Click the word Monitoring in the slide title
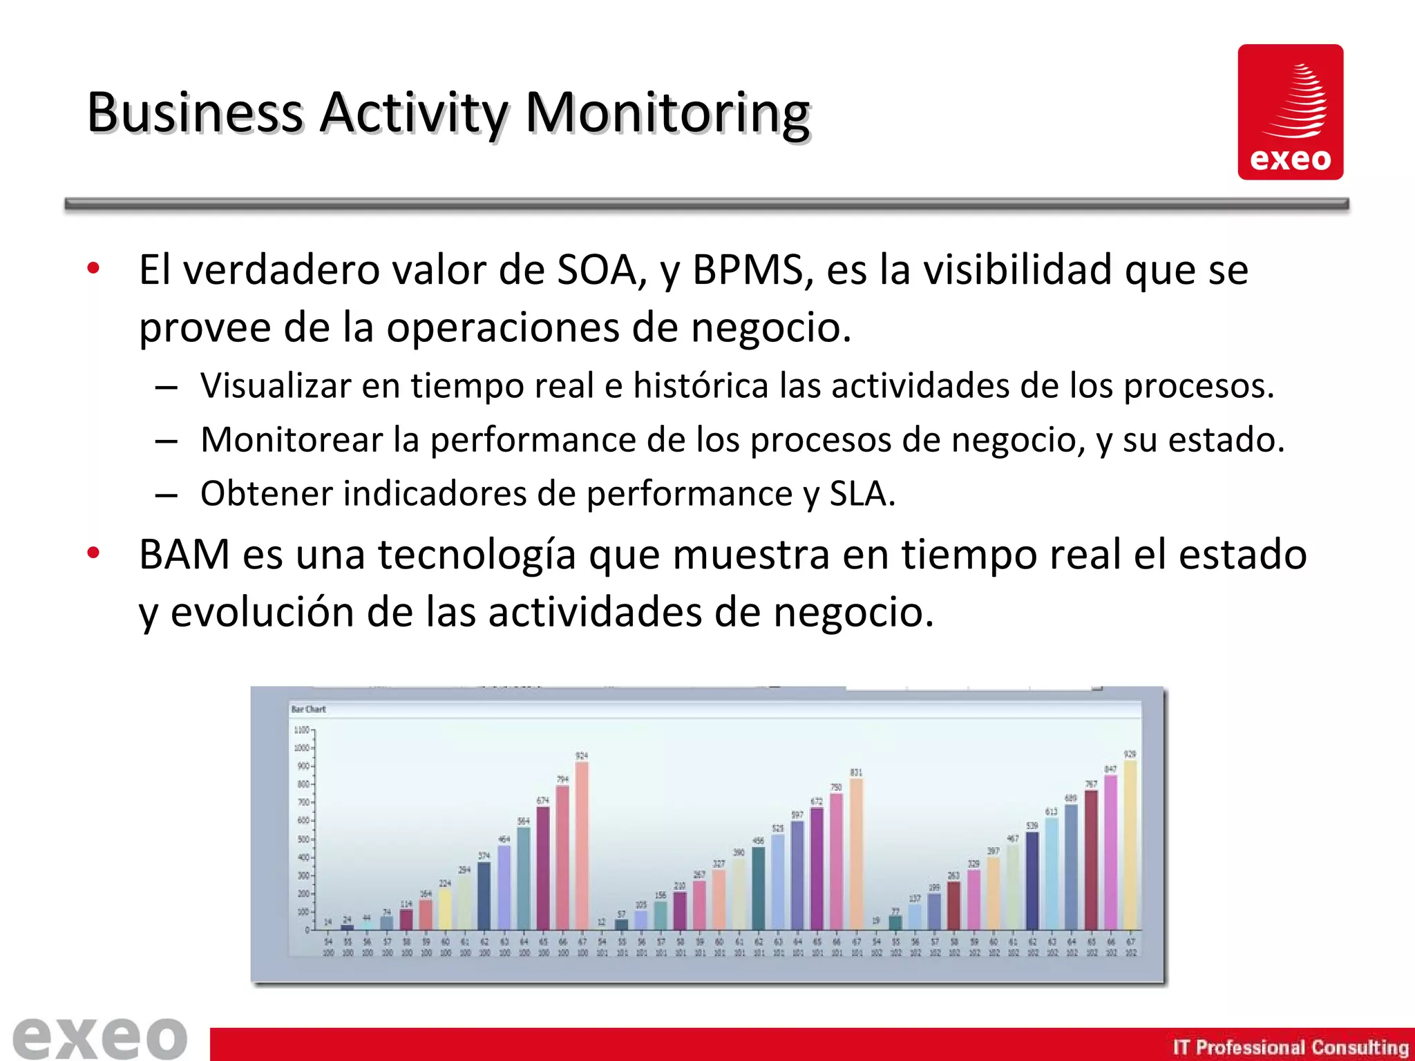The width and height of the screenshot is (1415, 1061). pos(667,113)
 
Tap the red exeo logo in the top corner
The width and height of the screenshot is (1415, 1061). pos(1290,112)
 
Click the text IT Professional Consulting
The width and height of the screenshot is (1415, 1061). pos(1290,1047)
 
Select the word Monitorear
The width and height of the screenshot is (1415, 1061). pos(291,440)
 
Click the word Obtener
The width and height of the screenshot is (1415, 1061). pos(267,494)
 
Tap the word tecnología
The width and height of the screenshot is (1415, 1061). pos(476,555)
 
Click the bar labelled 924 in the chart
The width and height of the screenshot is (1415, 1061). pos(582,845)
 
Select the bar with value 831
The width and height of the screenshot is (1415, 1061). pos(856,854)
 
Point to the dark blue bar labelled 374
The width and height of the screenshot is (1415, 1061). pos(484,895)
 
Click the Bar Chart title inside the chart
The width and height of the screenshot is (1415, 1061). pos(308,709)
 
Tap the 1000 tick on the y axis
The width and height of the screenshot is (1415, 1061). pos(302,748)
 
